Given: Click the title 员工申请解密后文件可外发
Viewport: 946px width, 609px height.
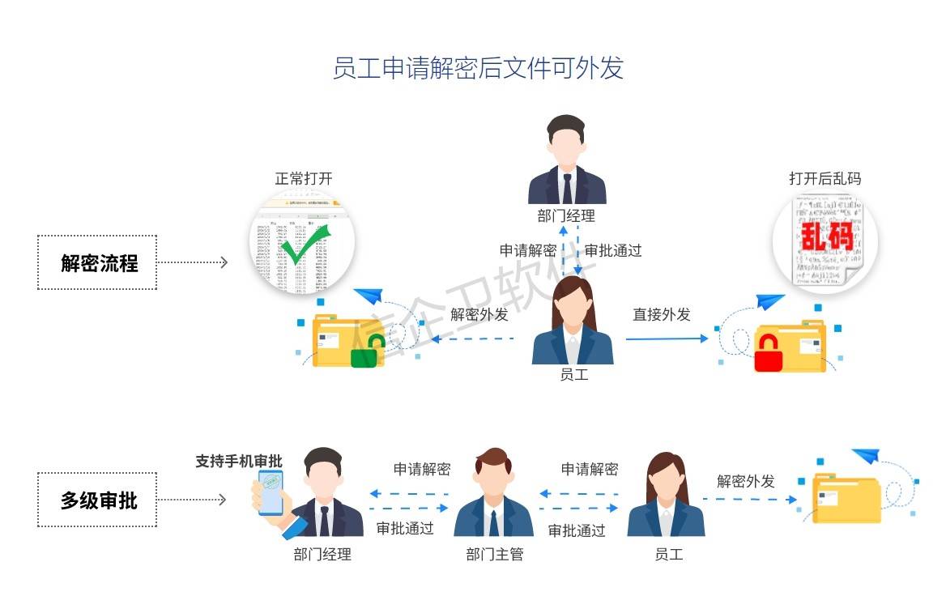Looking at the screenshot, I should [478, 68].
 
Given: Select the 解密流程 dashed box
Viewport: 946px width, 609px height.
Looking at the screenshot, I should [97, 262].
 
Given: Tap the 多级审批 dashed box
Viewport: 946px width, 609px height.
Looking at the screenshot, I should [97, 500].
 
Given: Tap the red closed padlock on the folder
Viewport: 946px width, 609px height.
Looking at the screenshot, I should [768, 353].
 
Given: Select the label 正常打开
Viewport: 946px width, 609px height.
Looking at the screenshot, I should [304, 179].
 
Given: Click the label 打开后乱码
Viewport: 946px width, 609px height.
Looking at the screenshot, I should [825, 179].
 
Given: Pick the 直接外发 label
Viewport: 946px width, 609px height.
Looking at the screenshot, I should [662, 315].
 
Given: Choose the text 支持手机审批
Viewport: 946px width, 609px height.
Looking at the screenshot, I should [238, 461].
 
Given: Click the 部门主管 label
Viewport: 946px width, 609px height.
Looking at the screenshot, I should [494, 555].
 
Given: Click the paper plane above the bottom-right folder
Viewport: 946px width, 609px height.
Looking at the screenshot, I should [865, 456].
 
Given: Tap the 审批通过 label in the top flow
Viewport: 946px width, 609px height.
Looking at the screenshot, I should [613, 250].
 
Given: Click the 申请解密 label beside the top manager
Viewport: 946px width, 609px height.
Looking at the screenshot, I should [527, 250].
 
